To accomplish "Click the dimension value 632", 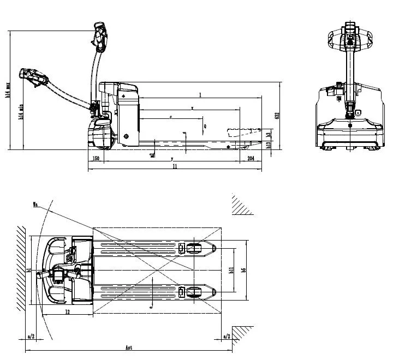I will tap(277, 116).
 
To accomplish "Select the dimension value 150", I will tap(96, 158).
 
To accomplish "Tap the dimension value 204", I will tap(251, 158).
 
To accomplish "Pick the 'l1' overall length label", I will tap(175, 167).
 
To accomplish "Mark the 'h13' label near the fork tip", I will tap(268, 145).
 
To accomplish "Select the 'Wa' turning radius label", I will tap(35, 205).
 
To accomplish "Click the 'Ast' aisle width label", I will tap(129, 347).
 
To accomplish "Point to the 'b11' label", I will tap(231, 271).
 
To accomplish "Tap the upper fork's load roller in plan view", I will tap(194, 249).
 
